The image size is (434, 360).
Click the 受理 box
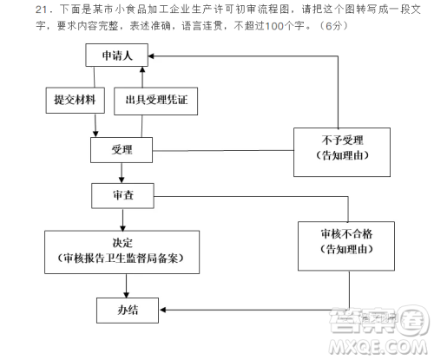tap(122, 149)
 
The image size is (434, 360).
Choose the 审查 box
tap(122, 196)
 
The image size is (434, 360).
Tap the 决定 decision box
tap(122, 251)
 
